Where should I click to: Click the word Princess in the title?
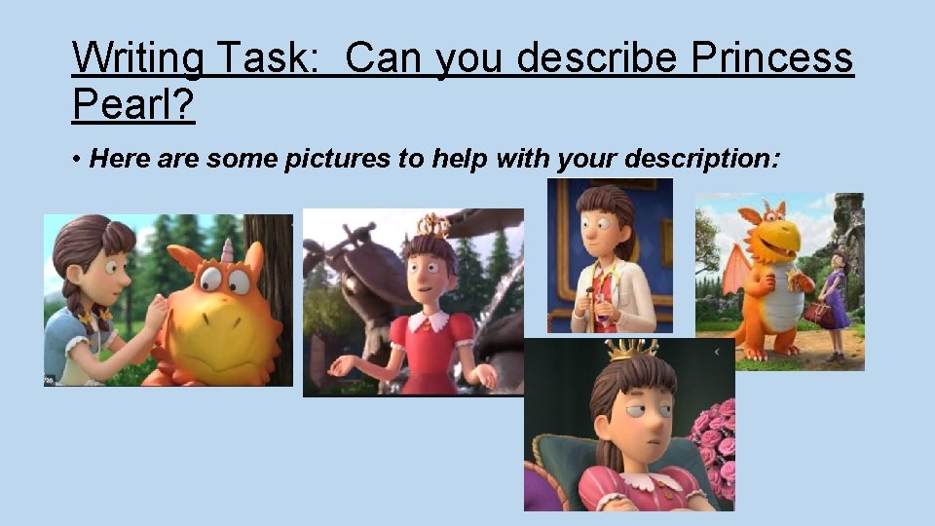pyautogui.click(x=771, y=58)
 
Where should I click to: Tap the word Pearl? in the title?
pyautogui.click(x=132, y=103)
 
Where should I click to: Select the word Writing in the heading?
pyautogui.click(x=136, y=58)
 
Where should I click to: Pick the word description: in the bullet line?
pyautogui.click(x=702, y=159)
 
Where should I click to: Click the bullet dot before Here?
pyautogui.click(x=76, y=159)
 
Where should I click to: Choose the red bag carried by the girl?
pyautogui.click(x=816, y=314)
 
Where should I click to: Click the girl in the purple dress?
pyautogui.click(x=836, y=297)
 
